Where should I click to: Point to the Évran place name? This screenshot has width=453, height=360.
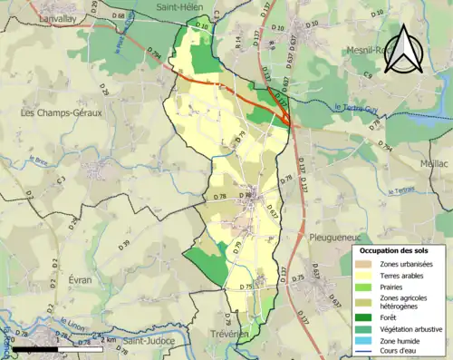80,281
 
